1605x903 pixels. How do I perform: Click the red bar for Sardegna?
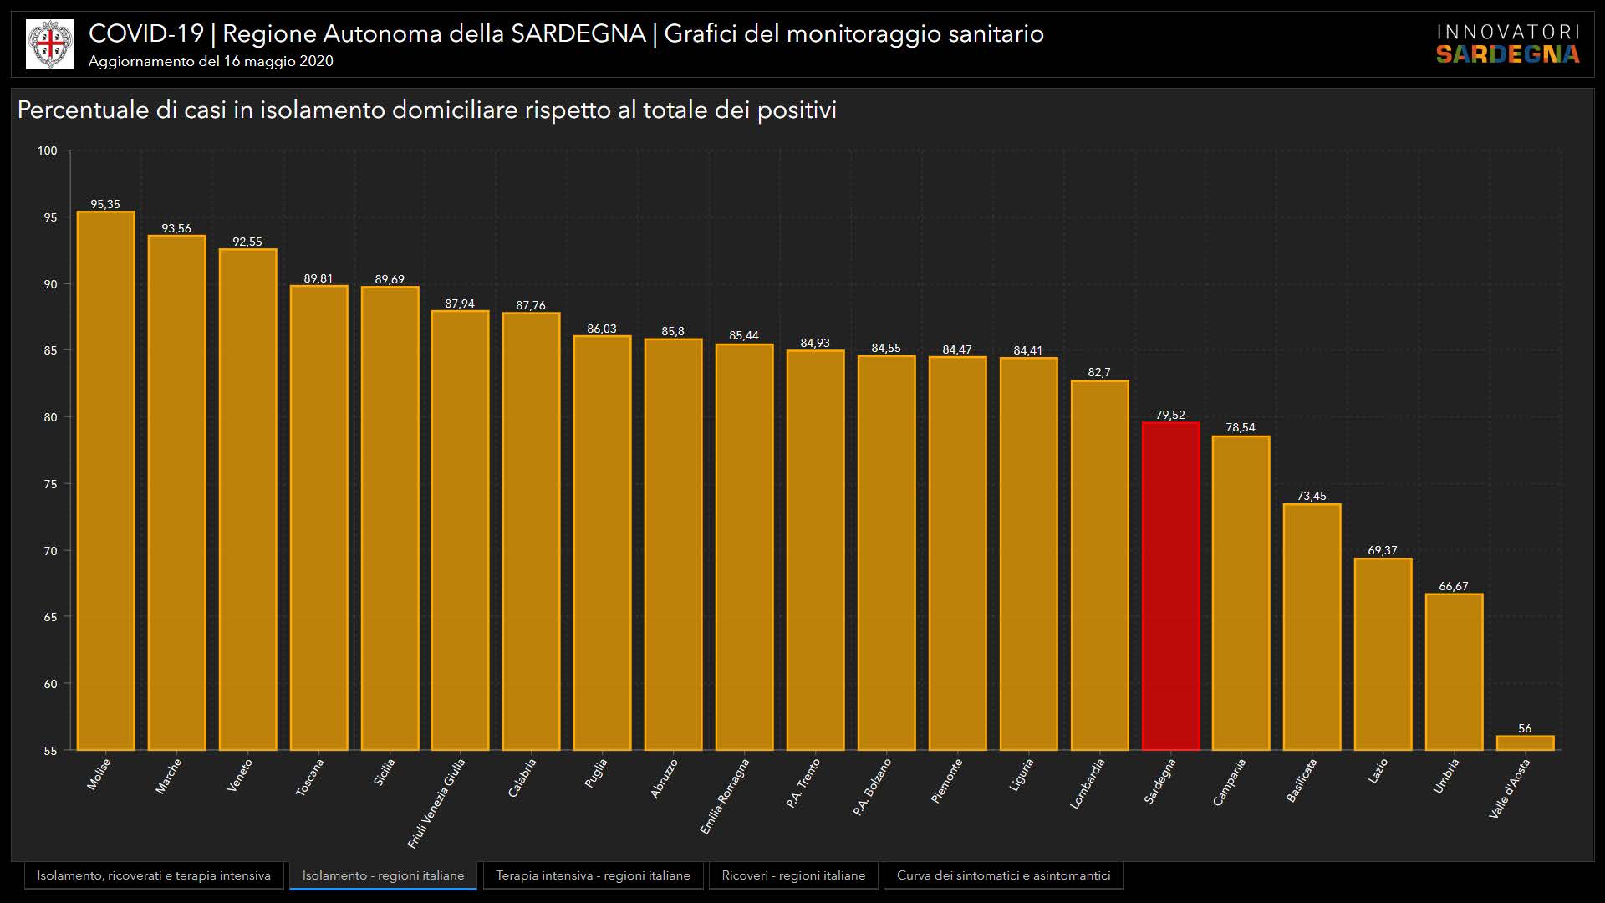tap(1170, 585)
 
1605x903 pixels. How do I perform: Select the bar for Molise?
tap(105, 481)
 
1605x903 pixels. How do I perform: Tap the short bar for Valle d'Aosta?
tap(1525, 743)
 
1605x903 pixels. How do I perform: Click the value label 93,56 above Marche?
tap(176, 228)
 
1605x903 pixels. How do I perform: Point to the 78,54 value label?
tap(1241, 427)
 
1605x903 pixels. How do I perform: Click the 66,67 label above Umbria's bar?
tap(1454, 586)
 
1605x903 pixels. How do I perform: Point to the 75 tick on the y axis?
tap(50, 484)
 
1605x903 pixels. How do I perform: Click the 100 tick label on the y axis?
tap(47, 150)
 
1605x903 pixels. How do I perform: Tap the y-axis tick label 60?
tap(50, 684)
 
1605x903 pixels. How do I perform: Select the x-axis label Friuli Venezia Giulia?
tap(436, 803)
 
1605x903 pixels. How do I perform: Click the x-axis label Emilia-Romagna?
tap(725, 796)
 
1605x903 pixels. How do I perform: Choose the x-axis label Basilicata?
tap(1302, 780)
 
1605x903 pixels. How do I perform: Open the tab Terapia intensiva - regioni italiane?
tap(593, 875)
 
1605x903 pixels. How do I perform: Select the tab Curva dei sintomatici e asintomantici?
tap(1003, 875)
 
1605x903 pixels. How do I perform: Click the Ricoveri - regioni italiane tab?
tap(793, 875)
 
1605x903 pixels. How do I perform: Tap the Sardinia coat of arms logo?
tap(49, 44)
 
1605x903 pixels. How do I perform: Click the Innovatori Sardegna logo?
tap(1508, 43)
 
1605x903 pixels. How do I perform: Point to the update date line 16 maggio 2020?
tap(211, 61)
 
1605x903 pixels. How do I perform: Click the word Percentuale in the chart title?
tap(82, 110)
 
